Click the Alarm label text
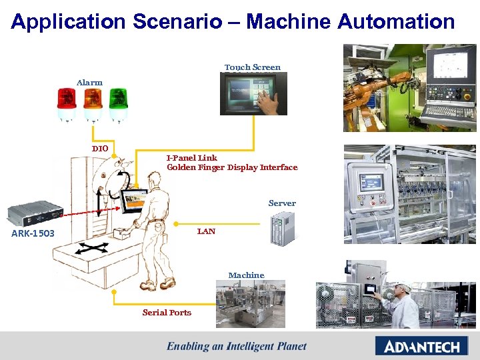coord(89,83)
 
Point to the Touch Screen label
coord(253,67)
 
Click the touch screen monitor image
coord(253,94)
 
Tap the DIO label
coord(100,148)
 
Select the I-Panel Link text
coord(192,158)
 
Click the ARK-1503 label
coord(33,233)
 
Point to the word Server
coord(282,203)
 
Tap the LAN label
coord(206,231)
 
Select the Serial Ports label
coord(167,313)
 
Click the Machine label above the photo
coord(246,275)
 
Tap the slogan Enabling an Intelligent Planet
coord(237,346)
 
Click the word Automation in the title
coord(396,21)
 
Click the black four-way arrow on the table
coord(91,251)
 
